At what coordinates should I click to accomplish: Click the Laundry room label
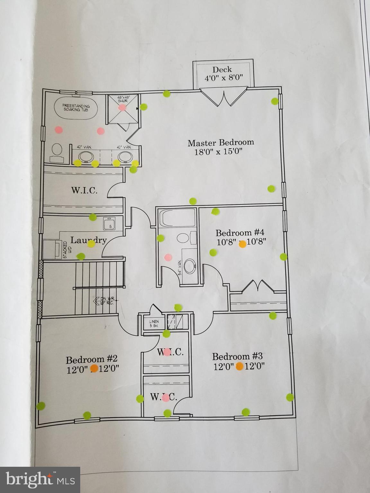[88, 240]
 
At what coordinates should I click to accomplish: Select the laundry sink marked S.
[109, 223]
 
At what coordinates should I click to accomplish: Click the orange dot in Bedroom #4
[243, 244]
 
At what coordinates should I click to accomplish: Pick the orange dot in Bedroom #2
[94, 368]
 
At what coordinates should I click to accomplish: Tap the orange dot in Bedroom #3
[239, 366]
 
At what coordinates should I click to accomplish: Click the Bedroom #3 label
[237, 356]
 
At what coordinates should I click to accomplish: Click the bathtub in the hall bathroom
[177, 218]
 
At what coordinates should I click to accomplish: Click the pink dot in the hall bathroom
[168, 257]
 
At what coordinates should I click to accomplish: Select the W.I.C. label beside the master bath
[84, 190]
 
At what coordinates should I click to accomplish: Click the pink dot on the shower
[122, 108]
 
